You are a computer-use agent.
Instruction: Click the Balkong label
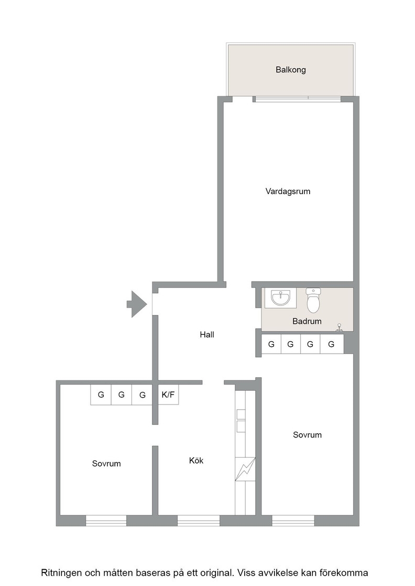click(291, 70)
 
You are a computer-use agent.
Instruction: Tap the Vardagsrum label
click(288, 191)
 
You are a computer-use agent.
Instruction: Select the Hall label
click(207, 334)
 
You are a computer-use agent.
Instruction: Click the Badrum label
click(307, 321)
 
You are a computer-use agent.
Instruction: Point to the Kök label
click(196, 460)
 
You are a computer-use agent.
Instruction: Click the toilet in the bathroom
click(313, 300)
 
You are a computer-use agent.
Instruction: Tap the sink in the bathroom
click(281, 298)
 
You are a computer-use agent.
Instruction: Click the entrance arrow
click(137, 304)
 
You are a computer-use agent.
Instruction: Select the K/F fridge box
click(168, 395)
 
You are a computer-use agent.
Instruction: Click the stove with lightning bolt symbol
click(245, 469)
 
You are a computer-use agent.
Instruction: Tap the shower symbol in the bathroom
click(340, 328)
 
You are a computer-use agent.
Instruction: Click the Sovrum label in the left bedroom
click(106, 464)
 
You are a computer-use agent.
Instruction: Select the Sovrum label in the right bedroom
click(307, 435)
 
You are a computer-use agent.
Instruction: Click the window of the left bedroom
click(106, 521)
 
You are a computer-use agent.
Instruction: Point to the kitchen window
click(199, 521)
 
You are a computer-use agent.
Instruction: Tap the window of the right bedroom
click(293, 521)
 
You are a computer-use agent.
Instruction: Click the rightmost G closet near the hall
click(332, 344)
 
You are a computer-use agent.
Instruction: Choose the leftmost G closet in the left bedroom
click(101, 395)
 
